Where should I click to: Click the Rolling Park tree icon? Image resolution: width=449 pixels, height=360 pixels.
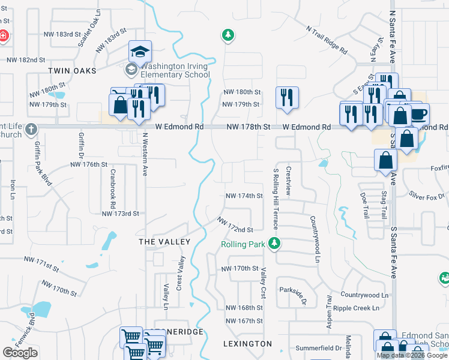[275, 244]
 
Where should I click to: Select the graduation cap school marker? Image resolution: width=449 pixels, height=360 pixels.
[140, 52]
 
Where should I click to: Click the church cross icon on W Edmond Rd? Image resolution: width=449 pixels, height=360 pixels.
[31, 129]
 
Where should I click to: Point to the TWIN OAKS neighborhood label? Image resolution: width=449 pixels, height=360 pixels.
[72, 71]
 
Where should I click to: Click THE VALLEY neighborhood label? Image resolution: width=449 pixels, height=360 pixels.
[164, 242]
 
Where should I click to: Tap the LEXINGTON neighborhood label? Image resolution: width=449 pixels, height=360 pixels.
[247, 344]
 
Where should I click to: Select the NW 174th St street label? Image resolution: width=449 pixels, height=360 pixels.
[244, 196]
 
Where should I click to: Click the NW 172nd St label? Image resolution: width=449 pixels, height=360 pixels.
[235, 226]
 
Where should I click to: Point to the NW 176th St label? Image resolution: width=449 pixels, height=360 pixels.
[88, 164]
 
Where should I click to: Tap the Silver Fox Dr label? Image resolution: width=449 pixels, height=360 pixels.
[427, 196]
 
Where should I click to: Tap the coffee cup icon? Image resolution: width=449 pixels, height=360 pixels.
[418, 114]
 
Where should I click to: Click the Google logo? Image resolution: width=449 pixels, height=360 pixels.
[20, 352]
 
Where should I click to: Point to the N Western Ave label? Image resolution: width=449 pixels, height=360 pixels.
[145, 154]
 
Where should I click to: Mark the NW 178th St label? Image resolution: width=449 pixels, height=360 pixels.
[249, 127]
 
